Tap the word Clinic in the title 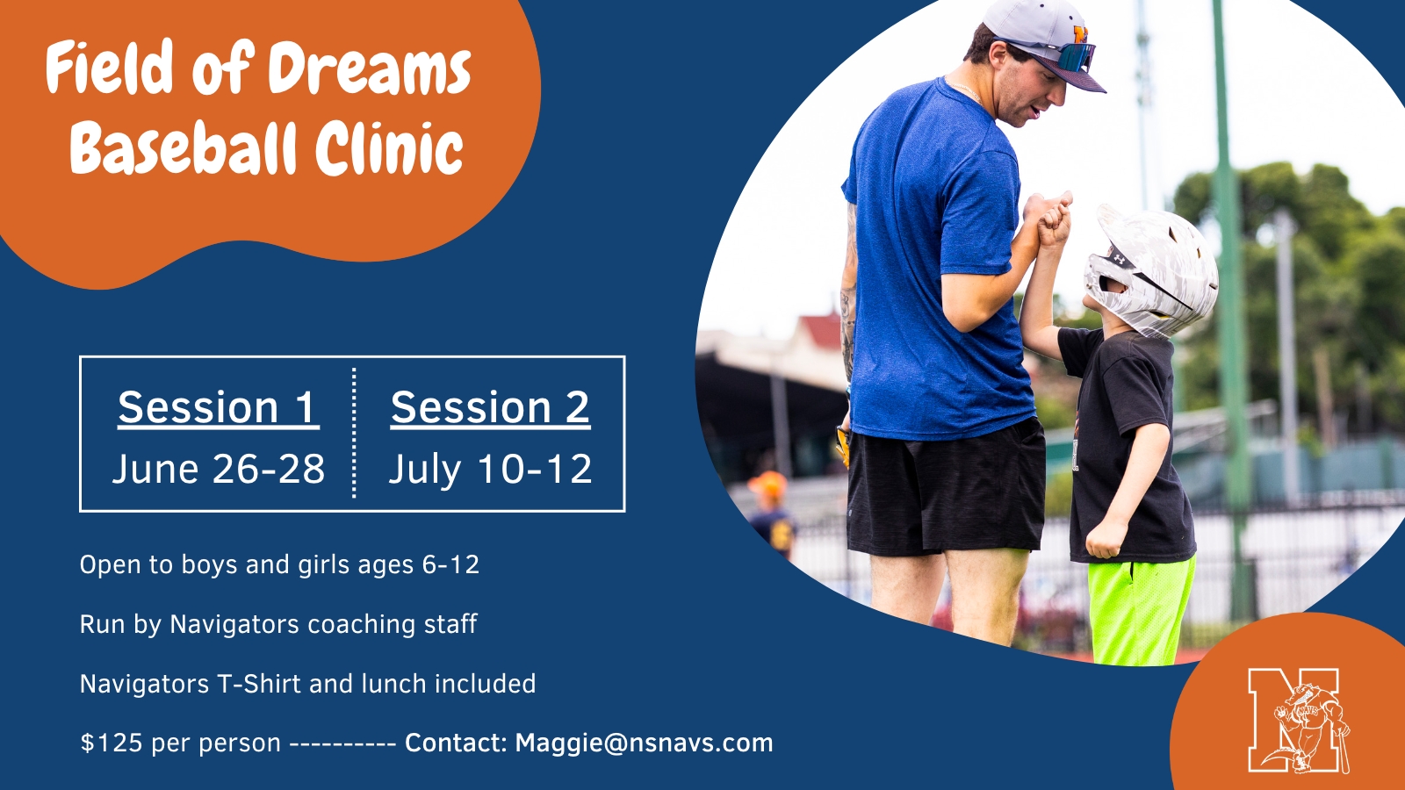click(x=389, y=148)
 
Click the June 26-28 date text click(x=219, y=469)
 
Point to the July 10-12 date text click(x=490, y=469)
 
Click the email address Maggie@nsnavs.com click(x=645, y=743)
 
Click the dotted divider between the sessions click(x=355, y=434)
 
